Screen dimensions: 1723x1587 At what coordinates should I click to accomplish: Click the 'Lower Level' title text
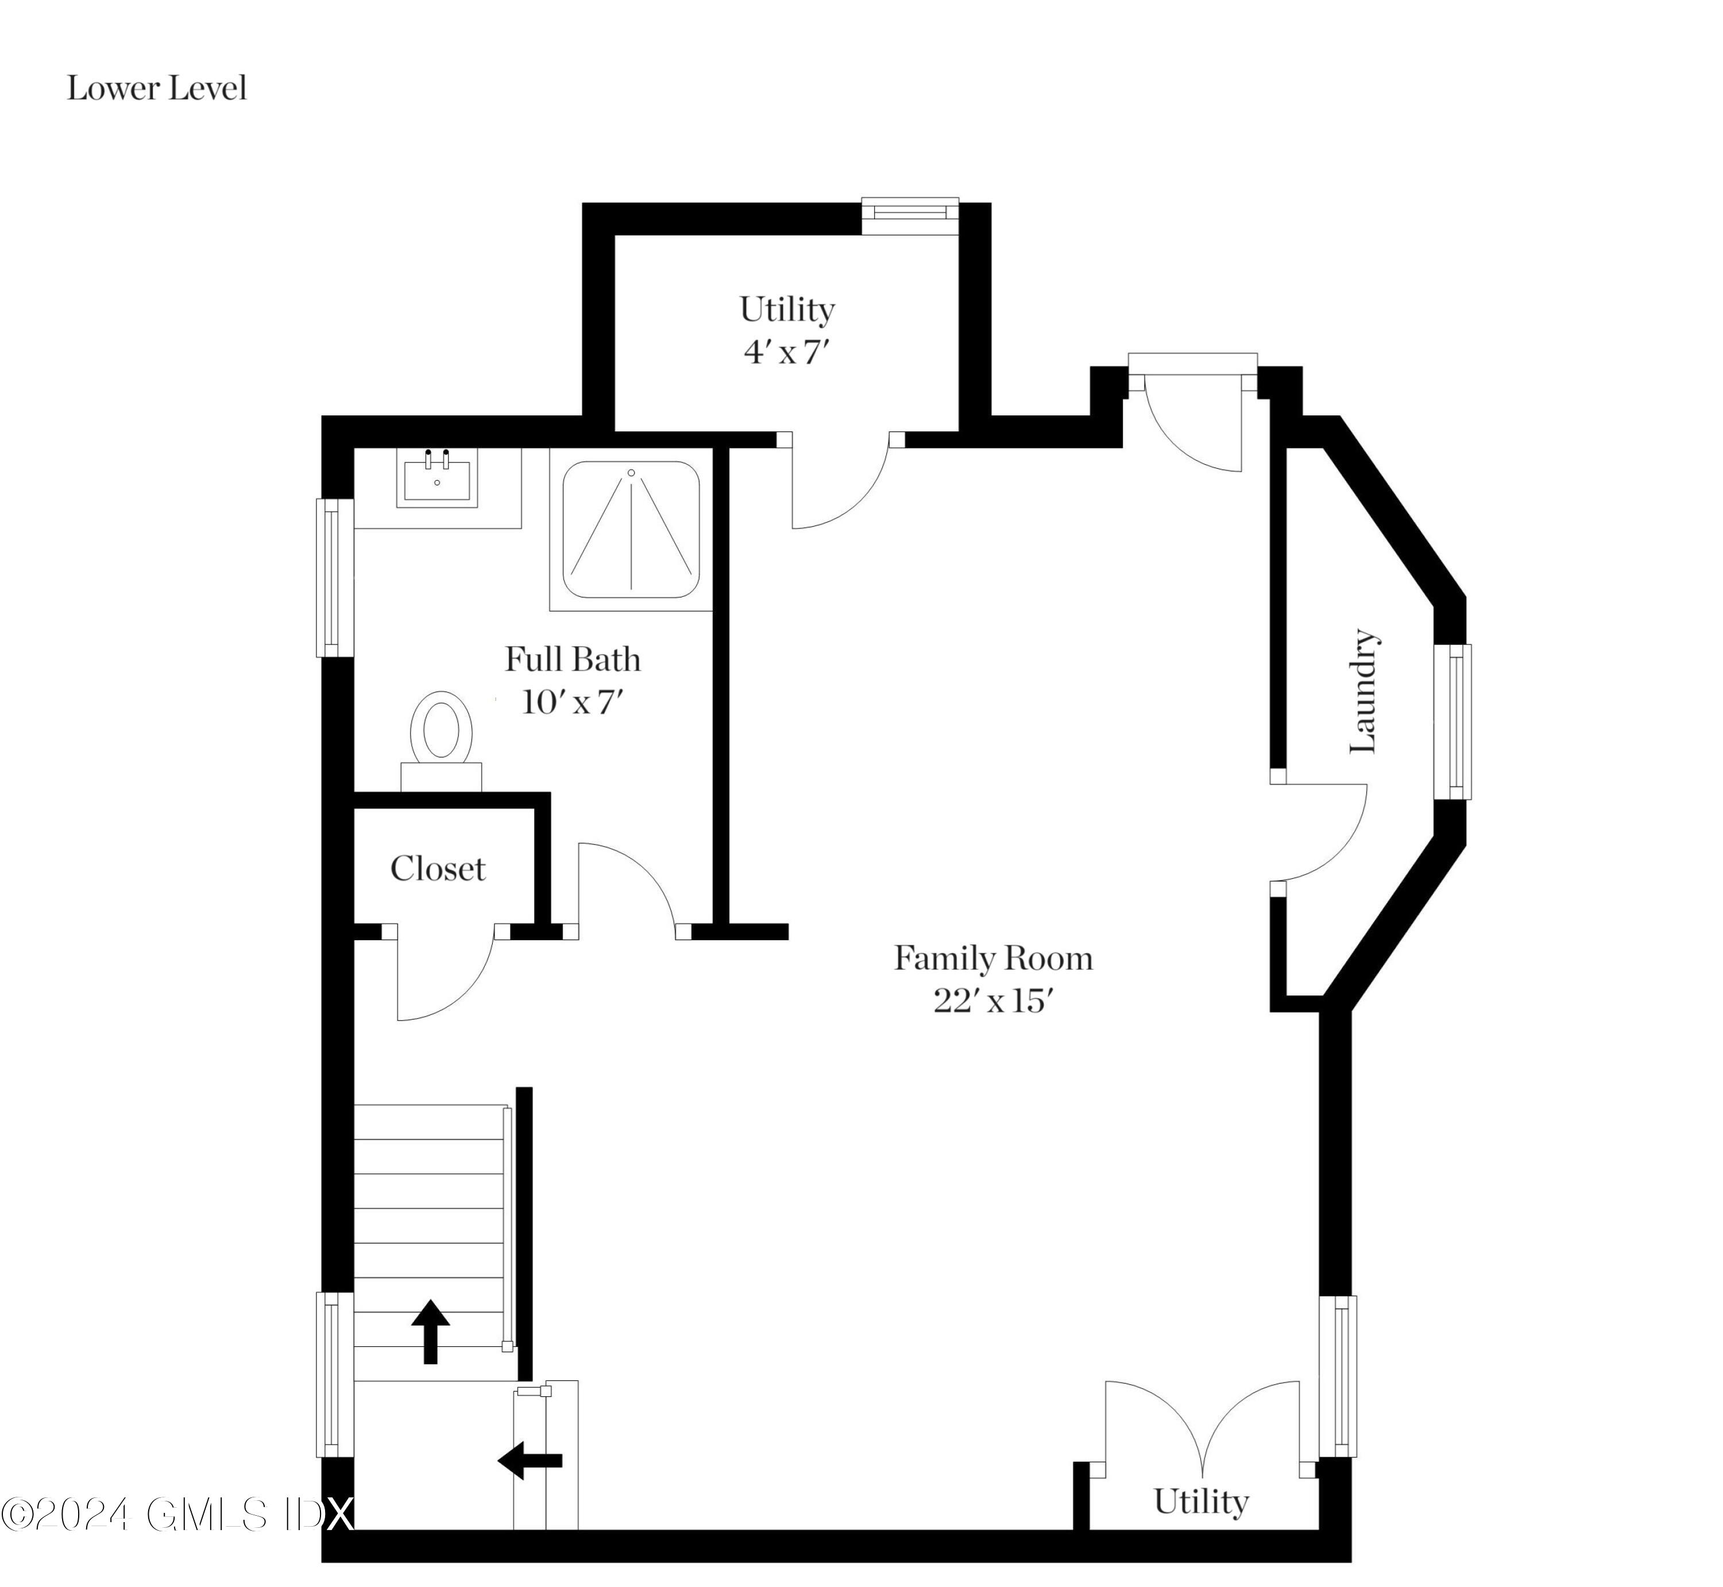157,88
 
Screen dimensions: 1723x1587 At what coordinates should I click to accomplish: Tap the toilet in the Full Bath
441,741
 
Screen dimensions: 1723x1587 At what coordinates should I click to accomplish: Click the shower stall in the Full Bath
631,530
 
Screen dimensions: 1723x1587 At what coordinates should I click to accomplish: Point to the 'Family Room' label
993,959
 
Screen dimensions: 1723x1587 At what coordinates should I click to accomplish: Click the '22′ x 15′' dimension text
993,1001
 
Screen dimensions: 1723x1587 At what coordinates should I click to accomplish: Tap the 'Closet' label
438,869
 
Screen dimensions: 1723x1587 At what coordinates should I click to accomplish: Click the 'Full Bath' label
573,659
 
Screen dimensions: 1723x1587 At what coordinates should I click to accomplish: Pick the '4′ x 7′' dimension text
787,352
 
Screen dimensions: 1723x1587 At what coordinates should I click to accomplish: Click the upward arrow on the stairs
430,1331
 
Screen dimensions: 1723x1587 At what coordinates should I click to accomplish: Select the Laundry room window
1452,721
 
